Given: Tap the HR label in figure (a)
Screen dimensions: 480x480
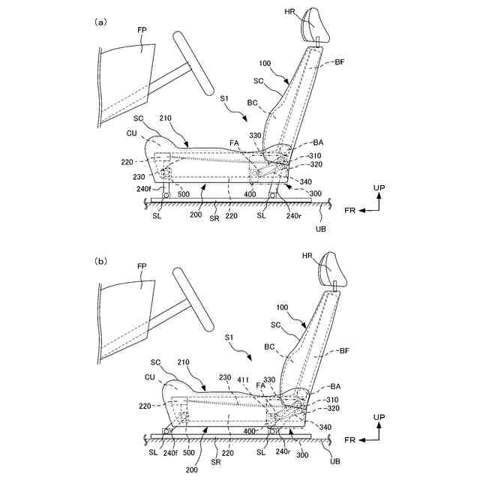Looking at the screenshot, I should tap(290, 12).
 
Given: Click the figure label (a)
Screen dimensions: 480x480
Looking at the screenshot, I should tap(100, 22).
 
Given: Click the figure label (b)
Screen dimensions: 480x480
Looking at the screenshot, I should tap(100, 262).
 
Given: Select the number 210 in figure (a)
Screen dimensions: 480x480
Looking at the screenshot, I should tap(166, 118).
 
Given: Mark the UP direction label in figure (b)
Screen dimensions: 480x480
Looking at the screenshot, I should tap(379, 417).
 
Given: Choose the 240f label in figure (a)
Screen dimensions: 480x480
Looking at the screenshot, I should tap(144, 189).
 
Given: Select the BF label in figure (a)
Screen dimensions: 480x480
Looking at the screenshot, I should tap(340, 62).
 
